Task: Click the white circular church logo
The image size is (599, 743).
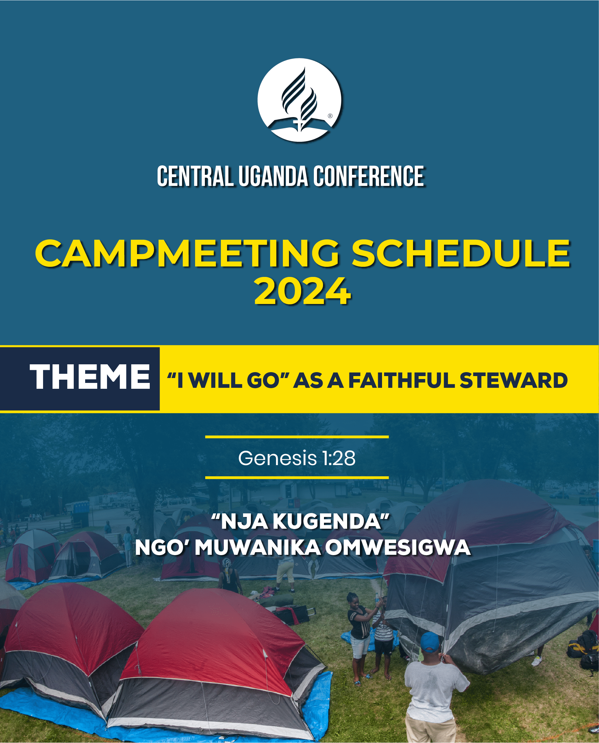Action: [x=299, y=100]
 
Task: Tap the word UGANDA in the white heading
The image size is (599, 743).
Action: [x=273, y=176]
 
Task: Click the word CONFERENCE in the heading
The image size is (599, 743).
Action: [x=369, y=176]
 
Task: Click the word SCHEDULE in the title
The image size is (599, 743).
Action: [x=461, y=253]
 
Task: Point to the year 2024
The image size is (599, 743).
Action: [x=302, y=292]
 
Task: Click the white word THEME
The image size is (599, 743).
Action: [x=90, y=377]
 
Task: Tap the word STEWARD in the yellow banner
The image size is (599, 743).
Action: [x=514, y=380]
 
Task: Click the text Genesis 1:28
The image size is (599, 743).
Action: [x=297, y=458]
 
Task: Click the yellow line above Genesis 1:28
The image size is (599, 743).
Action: [x=297, y=437]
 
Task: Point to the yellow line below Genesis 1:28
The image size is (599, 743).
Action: [x=297, y=478]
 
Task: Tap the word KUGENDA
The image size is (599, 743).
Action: [x=327, y=521]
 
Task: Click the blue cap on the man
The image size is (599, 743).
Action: [x=430, y=642]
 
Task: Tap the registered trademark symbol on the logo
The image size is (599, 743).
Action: [x=330, y=116]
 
